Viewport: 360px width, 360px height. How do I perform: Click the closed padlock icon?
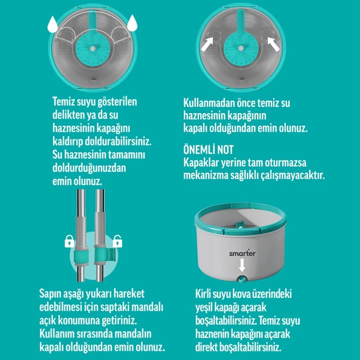(x=69, y=243)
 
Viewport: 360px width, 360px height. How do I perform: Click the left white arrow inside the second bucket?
(x=207, y=44)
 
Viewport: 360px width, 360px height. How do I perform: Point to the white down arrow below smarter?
(x=242, y=266)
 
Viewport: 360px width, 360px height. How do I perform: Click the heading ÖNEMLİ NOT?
(x=208, y=150)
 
